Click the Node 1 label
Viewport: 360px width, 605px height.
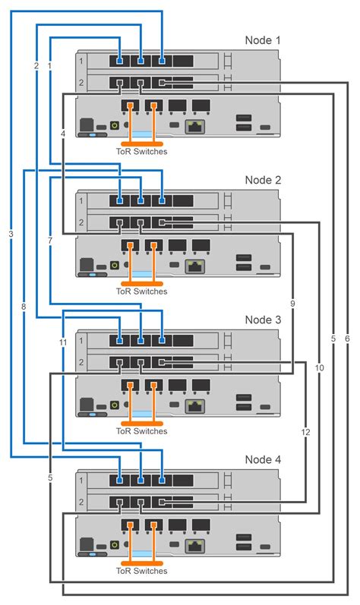coord(263,39)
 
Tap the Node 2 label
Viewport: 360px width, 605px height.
coord(263,180)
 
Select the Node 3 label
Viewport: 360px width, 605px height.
coord(263,320)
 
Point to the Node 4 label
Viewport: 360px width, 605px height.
coord(263,460)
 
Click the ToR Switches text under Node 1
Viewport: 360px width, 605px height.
coord(141,151)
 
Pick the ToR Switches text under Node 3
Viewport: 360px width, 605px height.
coord(141,431)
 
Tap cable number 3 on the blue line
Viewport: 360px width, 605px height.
coord(11,234)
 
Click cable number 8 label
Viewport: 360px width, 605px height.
coord(24,307)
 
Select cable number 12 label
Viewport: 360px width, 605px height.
coord(305,432)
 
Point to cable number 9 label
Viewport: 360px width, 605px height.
coord(292,304)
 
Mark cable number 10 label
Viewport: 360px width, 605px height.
coord(319,367)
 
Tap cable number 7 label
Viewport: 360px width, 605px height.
coord(49,240)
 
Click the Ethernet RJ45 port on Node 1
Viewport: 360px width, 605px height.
coord(197,125)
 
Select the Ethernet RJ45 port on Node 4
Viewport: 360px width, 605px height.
coord(197,546)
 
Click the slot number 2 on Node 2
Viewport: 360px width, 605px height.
coord(82,222)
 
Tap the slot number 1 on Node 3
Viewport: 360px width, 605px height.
coord(82,342)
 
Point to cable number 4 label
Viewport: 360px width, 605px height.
coord(62,134)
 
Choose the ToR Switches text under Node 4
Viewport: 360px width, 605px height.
coord(141,571)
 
